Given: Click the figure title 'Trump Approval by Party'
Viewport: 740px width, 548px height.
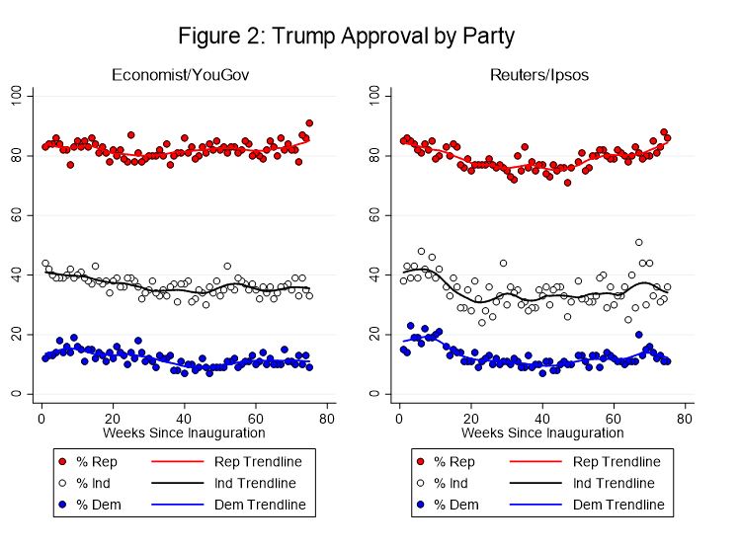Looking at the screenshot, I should [x=346, y=37].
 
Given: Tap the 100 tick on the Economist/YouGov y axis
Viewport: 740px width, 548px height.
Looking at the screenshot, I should [x=17, y=95].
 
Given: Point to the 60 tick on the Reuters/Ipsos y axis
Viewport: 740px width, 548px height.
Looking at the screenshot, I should [x=374, y=215].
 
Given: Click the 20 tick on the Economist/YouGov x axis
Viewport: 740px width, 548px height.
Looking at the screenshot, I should [x=113, y=418].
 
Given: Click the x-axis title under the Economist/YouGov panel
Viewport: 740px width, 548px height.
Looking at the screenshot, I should [x=184, y=432].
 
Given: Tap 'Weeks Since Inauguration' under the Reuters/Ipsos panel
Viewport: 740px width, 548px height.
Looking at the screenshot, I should [x=541, y=432].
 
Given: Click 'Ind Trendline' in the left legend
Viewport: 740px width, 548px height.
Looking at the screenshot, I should [x=258, y=484].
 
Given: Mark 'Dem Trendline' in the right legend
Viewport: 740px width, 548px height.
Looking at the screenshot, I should [x=616, y=506].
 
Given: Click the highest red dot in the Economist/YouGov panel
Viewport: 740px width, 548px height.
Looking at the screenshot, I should [x=309, y=123].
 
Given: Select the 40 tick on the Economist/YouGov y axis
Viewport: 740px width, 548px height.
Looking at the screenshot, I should [x=17, y=275].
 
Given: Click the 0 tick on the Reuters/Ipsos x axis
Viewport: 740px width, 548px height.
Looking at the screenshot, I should [x=398, y=418].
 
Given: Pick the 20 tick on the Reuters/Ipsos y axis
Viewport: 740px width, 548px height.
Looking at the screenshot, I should [x=374, y=335].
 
